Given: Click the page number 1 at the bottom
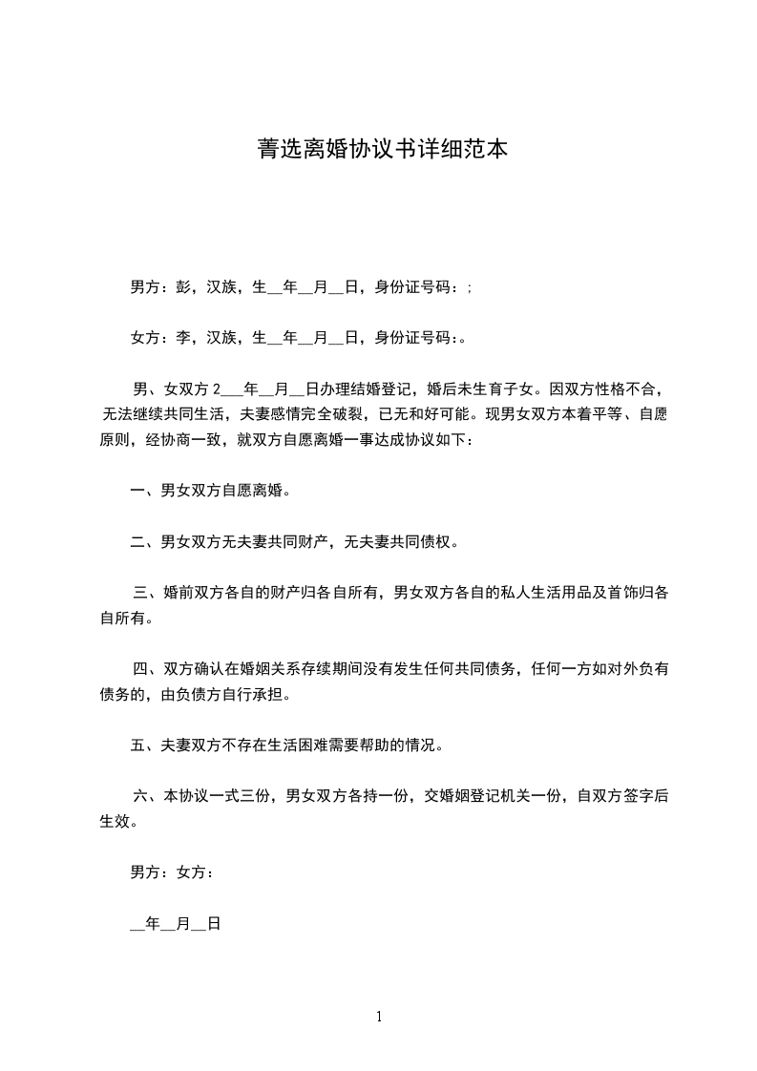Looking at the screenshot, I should (x=379, y=1017).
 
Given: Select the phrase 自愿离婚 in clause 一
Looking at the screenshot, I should (x=252, y=492).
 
